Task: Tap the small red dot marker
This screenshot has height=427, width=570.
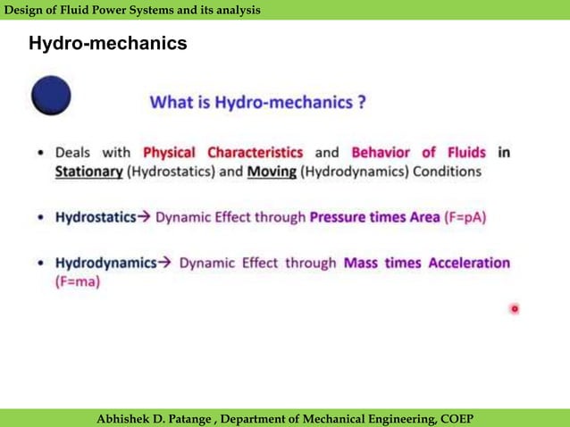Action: pos(515,309)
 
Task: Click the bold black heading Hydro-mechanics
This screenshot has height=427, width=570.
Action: pos(107,43)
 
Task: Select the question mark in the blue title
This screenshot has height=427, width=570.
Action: pos(361,102)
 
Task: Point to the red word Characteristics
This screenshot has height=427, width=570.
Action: pos(255,152)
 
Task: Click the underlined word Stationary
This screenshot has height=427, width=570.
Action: pos(88,171)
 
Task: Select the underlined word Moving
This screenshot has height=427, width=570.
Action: pos(272,171)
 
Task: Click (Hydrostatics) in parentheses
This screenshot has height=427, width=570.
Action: pos(173,171)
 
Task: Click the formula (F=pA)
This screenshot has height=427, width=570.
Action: pos(465,217)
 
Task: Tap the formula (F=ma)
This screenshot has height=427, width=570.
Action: pos(78,281)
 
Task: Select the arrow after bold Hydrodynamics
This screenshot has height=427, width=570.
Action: pos(164,264)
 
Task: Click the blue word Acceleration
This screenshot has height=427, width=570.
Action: pos(469,264)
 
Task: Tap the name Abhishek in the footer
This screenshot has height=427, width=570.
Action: pos(128,419)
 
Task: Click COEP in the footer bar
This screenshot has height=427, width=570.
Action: pos(455,419)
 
